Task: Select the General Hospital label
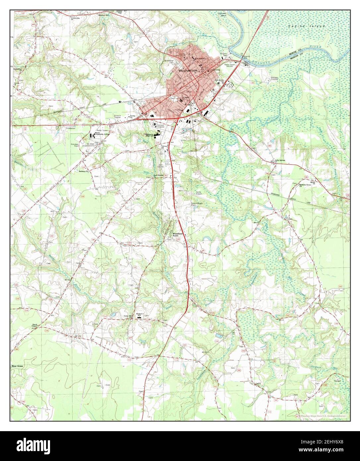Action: coord(161,125)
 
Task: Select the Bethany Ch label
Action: coord(84,171)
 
